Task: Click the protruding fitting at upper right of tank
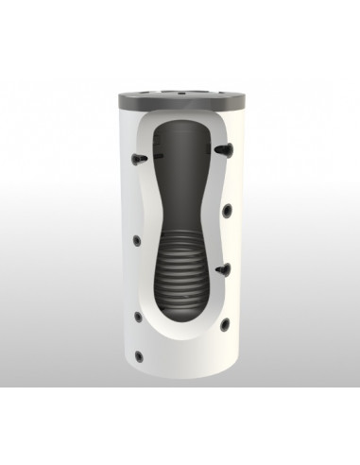pos(221,148)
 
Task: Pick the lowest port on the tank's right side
pos(225,324)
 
